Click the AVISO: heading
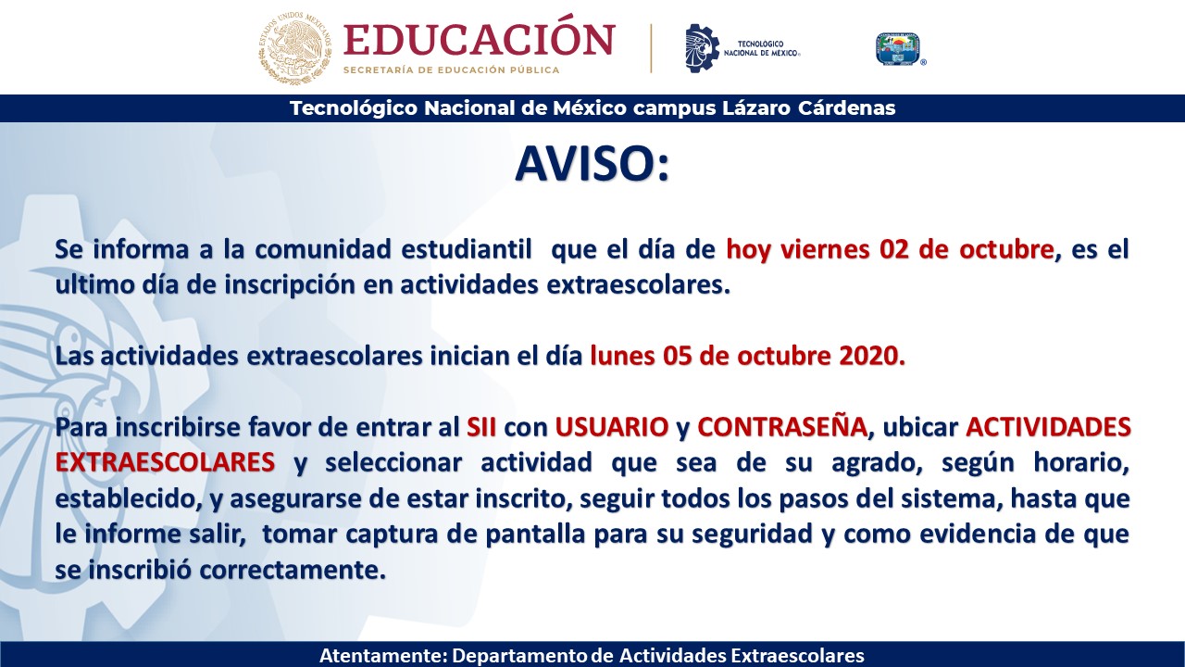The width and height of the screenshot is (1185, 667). pyautogui.click(x=592, y=164)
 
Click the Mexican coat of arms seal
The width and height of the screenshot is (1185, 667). pyautogui.click(x=295, y=49)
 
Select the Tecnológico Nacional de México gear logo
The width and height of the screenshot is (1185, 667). pyautogui.click(x=702, y=48)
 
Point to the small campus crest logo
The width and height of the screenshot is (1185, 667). pyautogui.click(x=898, y=49)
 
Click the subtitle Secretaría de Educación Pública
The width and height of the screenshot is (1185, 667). pyautogui.click(x=451, y=69)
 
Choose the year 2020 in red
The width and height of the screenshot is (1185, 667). pyautogui.click(x=872, y=356)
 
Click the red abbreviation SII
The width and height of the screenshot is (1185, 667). pyautogui.click(x=481, y=427)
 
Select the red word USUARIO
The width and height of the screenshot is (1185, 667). pyautogui.click(x=612, y=427)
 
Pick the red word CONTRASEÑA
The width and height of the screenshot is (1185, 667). pyautogui.click(x=782, y=427)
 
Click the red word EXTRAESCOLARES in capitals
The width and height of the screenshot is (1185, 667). pyautogui.click(x=165, y=462)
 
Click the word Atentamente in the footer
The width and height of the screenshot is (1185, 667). pyautogui.click(x=383, y=655)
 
